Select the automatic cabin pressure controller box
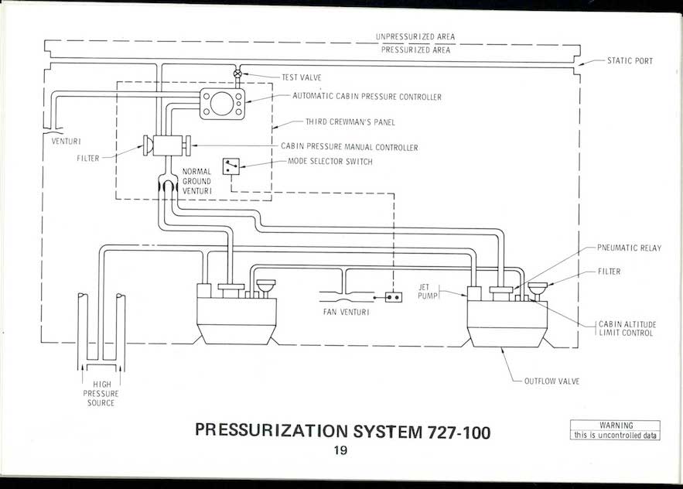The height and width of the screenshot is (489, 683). [222, 102]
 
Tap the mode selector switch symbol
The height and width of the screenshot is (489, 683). [231, 166]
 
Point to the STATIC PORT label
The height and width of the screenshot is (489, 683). [630, 61]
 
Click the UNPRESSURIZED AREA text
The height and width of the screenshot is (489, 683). [415, 36]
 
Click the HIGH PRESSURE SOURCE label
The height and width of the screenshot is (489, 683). [101, 394]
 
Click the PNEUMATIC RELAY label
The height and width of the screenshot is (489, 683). [629, 248]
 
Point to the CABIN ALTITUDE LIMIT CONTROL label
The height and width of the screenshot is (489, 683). [626, 328]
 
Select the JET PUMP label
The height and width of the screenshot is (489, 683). [429, 291]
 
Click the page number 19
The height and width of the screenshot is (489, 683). [341, 451]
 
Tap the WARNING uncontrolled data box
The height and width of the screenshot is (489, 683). [616, 431]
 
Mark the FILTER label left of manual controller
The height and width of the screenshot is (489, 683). [89, 157]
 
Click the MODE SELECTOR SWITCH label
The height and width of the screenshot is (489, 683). [330, 161]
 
